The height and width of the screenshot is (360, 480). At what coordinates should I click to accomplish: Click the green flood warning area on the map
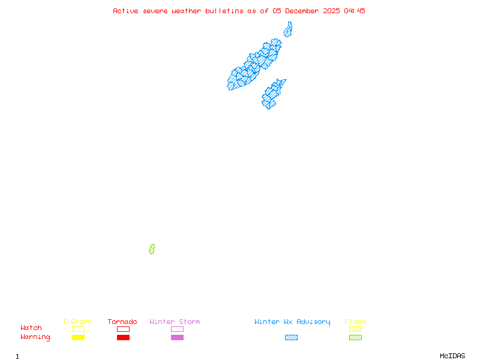coord(152,249)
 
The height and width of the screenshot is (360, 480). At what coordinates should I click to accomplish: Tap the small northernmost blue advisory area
coord(288,29)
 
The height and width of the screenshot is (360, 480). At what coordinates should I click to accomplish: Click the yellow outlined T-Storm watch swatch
coord(78,329)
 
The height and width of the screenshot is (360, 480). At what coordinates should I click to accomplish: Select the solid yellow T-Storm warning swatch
coord(78,338)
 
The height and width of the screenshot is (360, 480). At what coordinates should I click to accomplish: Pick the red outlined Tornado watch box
coord(123,329)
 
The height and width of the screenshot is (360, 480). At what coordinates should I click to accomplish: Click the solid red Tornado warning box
coord(123,338)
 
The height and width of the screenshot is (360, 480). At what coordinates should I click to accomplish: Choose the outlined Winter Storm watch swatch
coord(177,329)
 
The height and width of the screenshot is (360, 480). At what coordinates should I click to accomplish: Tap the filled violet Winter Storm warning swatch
coord(177,338)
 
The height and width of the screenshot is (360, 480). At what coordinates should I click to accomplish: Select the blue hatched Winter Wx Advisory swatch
coord(291,338)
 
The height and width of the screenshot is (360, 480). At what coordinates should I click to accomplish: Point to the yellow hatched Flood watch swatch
coord(355,329)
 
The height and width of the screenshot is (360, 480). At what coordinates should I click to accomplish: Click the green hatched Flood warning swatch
coord(355,338)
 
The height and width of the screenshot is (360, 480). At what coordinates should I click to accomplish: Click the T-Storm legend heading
coord(77,322)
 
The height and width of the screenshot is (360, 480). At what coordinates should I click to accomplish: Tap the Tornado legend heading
coord(122,322)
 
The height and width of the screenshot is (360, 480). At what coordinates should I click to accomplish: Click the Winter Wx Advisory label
coord(292,322)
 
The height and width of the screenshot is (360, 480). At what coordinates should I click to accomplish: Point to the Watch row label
coord(31,328)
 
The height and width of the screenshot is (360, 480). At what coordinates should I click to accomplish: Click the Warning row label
coord(35,337)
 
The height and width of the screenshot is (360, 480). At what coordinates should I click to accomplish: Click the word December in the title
coord(304,11)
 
